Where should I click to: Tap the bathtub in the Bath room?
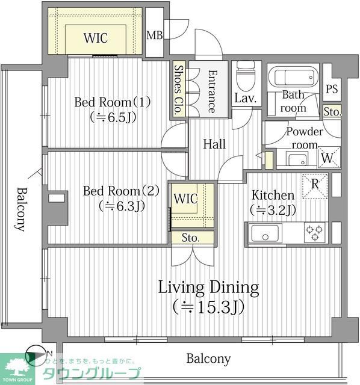click(293, 76)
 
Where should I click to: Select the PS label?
click(332, 89)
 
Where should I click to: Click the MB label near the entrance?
click(155, 35)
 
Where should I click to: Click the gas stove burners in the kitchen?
click(314, 232)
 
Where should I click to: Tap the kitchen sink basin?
click(265, 233)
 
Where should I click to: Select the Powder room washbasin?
click(297, 159)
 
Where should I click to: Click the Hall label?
click(214, 144)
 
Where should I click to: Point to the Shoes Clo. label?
click(179, 90)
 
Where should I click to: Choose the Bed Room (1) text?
click(113, 102)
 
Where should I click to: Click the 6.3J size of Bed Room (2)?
click(122, 206)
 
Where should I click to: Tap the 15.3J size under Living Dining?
click(208, 306)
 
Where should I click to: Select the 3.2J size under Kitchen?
click(273, 210)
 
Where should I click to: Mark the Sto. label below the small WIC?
click(190, 238)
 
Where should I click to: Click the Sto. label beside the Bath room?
click(332, 112)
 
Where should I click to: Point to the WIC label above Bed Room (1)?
click(96, 38)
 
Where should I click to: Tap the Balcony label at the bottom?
click(208, 359)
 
